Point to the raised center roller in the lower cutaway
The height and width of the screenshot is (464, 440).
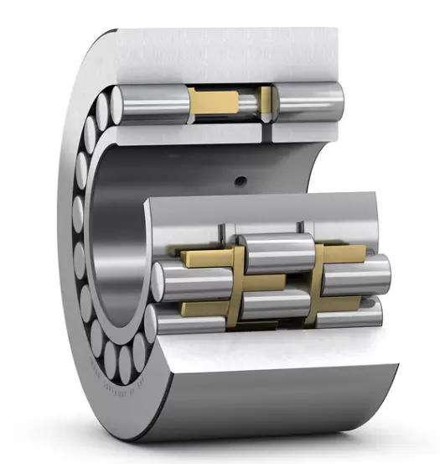(277, 253)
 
